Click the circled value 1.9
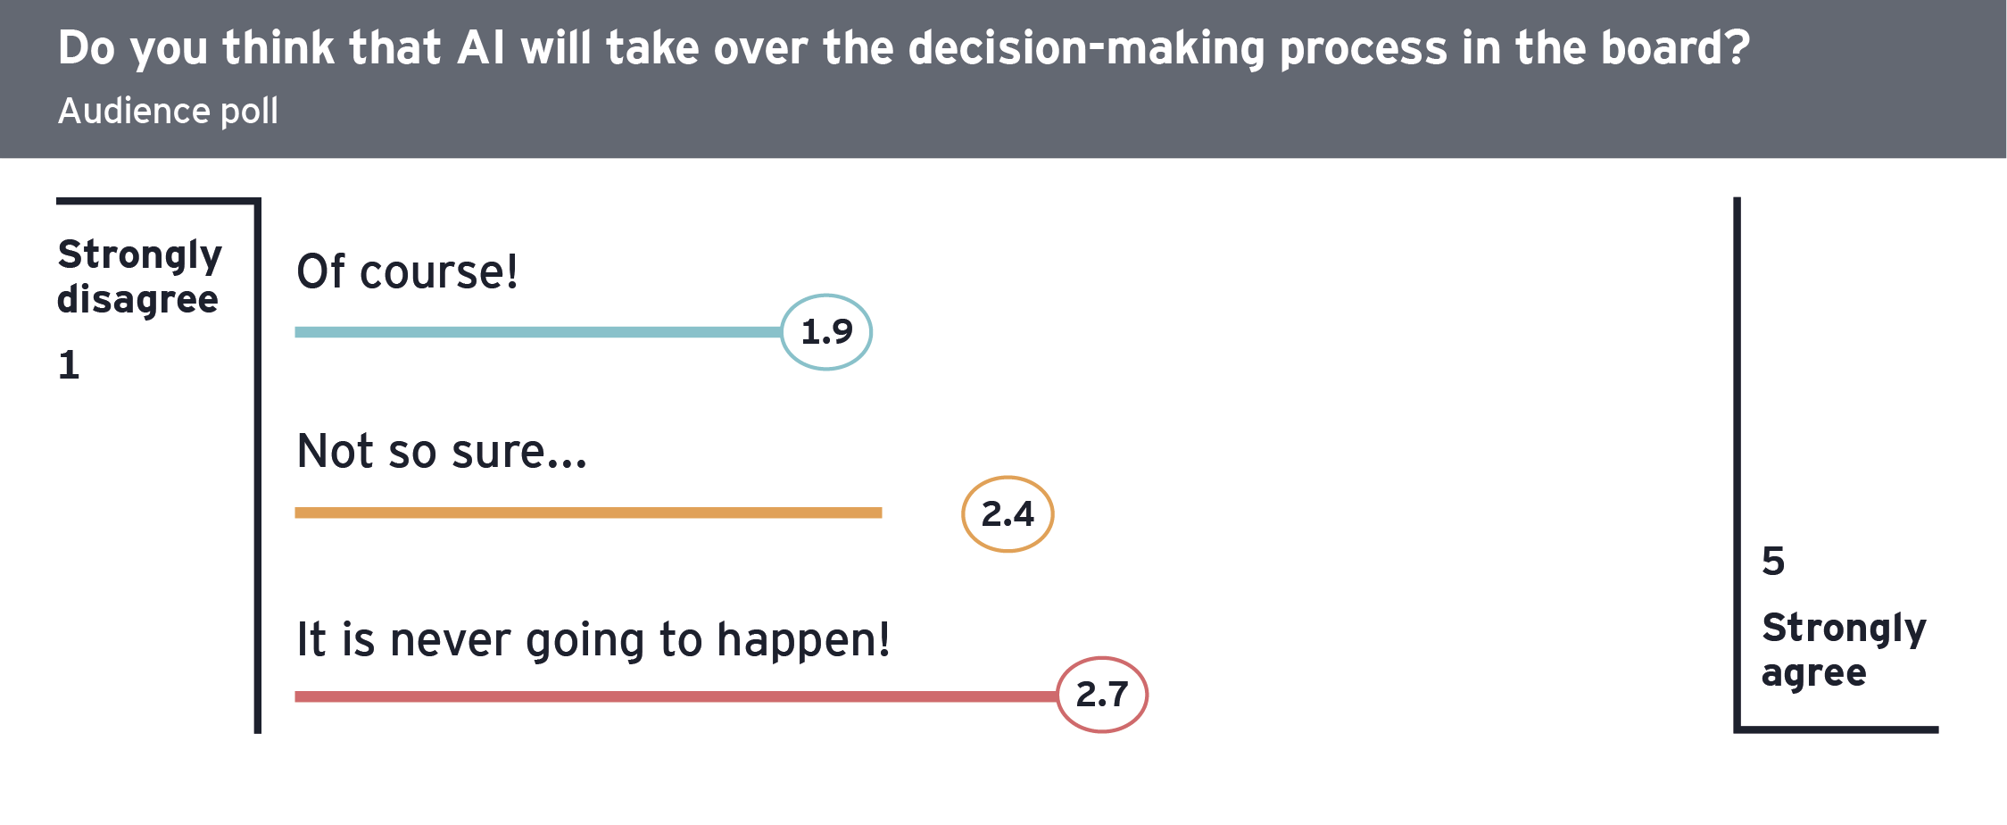[826, 332]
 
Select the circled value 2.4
[1008, 514]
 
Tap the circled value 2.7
[1102, 695]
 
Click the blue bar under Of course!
[538, 332]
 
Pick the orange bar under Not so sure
[588, 512]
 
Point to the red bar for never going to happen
[676, 696]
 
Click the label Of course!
[407, 271]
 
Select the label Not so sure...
[442, 451]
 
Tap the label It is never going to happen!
[593, 641]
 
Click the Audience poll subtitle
[168, 112]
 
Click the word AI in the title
[481, 48]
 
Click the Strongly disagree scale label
[139, 278]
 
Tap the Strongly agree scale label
[1844, 651]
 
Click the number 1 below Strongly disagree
[69, 365]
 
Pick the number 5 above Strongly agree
[1773, 562]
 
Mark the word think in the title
[278, 48]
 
